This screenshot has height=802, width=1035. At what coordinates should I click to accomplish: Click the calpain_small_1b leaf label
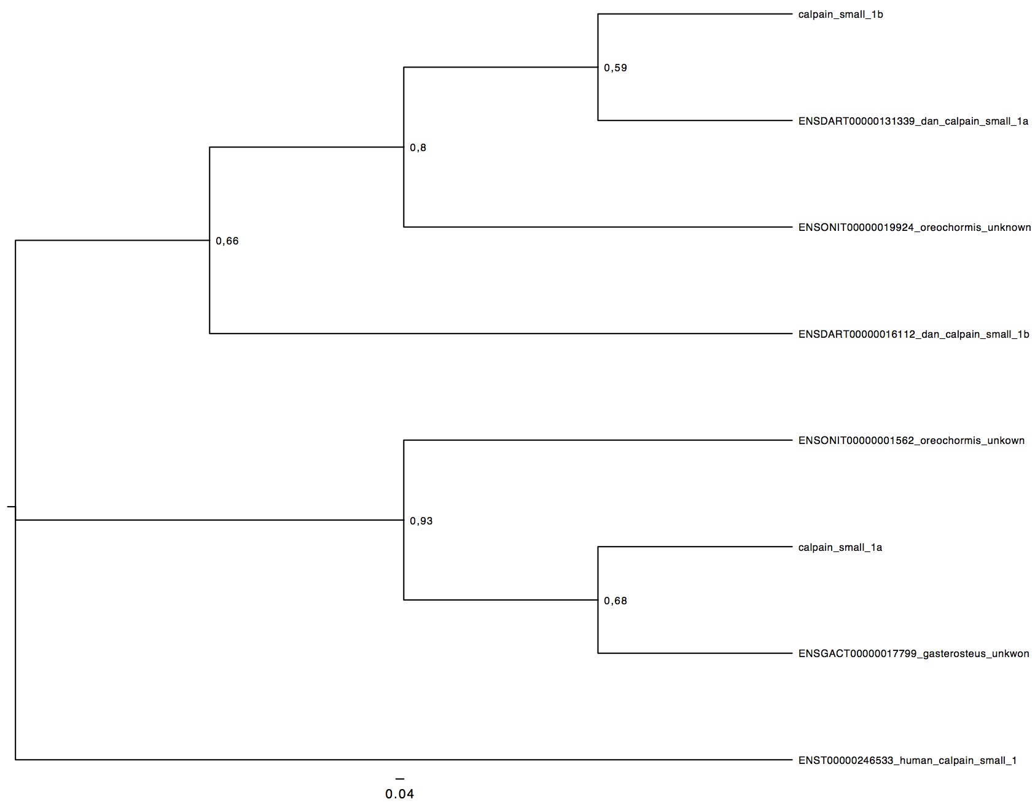pyautogui.click(x=840, y=15)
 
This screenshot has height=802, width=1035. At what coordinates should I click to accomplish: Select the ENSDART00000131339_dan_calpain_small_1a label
pyautogui.click(x=913, y=122)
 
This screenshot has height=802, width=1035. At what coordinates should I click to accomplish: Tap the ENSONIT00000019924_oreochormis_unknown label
pyautogui.click(x=915, y=228)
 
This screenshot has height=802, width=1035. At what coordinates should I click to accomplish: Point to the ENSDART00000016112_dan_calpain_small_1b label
pyautogui.click(x=913, y=335)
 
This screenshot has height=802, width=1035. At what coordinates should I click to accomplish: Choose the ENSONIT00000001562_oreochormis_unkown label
pyautogui.click(x=912, y=441)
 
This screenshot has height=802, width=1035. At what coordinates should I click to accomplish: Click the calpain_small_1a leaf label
pyautogui.click(x=840, y=548)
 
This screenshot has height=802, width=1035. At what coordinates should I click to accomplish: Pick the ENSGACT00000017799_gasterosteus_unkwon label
pyautogui.click(x=913, y=654)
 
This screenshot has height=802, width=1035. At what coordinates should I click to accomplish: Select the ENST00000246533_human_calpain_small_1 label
pyautogui.click(x=907, y=761)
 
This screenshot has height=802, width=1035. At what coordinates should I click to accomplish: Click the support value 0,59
pyautogui.click(x=615, y=68)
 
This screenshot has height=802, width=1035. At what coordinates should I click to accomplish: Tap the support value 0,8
pyautogui.click(x=418, y=148)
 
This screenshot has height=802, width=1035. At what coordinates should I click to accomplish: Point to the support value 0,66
pyautogui.click(x=227, y=241)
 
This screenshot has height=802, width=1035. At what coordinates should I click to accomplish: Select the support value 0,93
pyautogui.click(x=421, y=521)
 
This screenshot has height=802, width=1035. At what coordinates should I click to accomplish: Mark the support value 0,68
pyautogui.click(x=615, y=601)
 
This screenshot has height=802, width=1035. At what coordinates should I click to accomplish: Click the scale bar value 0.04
pyautogui.click(x=400, y=795)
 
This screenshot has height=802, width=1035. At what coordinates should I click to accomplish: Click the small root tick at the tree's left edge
pyautogui.click(x=11, y=507)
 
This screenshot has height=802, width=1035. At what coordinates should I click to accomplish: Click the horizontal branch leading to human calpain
pyautogui.click(x=404, y=760)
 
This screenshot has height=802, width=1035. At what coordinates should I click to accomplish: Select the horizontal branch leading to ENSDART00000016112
pyautogui.click(x=501, y=333)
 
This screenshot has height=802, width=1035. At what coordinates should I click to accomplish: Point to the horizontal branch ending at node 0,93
pyautogui.click(x=209, y=520)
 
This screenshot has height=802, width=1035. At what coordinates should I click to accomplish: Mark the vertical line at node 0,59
pyautogui.click(x=598, y=67)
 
